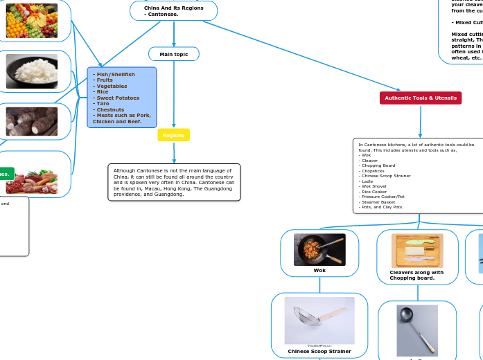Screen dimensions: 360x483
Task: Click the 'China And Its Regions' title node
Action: pos(173,10)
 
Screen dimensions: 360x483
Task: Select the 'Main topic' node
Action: pos(173,54)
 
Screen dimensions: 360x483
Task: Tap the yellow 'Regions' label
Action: pos(173,135)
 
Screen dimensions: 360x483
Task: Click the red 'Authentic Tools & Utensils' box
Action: pos(421,98)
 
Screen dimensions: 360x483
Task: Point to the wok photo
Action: pos(319,249)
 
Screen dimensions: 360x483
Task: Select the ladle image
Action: pos(417,330)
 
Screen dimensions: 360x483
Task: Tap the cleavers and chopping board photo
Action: pos(417,251)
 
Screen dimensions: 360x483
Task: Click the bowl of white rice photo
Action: pos(32,71)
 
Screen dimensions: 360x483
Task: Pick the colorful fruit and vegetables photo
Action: pos(32,21)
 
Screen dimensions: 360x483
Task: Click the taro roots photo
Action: pos(32,121)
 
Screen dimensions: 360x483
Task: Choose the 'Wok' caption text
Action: pos(319,271)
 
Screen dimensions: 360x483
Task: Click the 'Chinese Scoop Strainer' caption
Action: pos(319,352)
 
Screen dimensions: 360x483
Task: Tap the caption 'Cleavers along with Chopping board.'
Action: pos(416,275)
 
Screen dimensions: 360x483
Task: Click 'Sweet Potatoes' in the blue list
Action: pos(118,98)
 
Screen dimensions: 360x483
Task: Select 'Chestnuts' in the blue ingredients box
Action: pos(112,109)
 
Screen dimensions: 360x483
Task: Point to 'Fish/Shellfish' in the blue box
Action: pos(115,74)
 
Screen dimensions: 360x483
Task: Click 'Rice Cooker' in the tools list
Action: pos(375,192)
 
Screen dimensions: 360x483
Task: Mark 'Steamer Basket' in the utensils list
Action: pos(378,201)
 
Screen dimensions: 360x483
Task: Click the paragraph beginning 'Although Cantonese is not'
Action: pos(174,182)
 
